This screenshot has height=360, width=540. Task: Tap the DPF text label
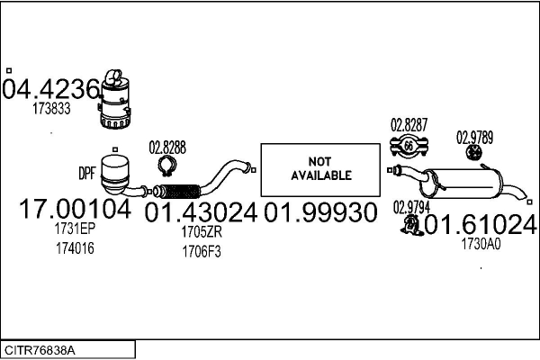pos(87,171)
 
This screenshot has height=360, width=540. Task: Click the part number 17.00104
pos(76,211)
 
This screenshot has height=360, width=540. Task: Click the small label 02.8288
pos(167,147)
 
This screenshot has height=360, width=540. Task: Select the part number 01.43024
pos(201,212)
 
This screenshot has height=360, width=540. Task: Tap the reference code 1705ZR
pos(201,232)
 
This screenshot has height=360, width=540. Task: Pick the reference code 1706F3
pos(201,251)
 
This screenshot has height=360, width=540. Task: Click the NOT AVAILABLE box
pos(319,168)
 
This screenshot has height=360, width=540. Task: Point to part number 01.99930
pos(319,213)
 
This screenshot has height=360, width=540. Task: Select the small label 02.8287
pos(408,124)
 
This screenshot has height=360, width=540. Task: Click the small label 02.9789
pos(474,138)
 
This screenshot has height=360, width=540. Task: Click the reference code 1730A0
pos(481,242)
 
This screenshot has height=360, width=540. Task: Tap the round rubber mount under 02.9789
pos(473,157)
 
